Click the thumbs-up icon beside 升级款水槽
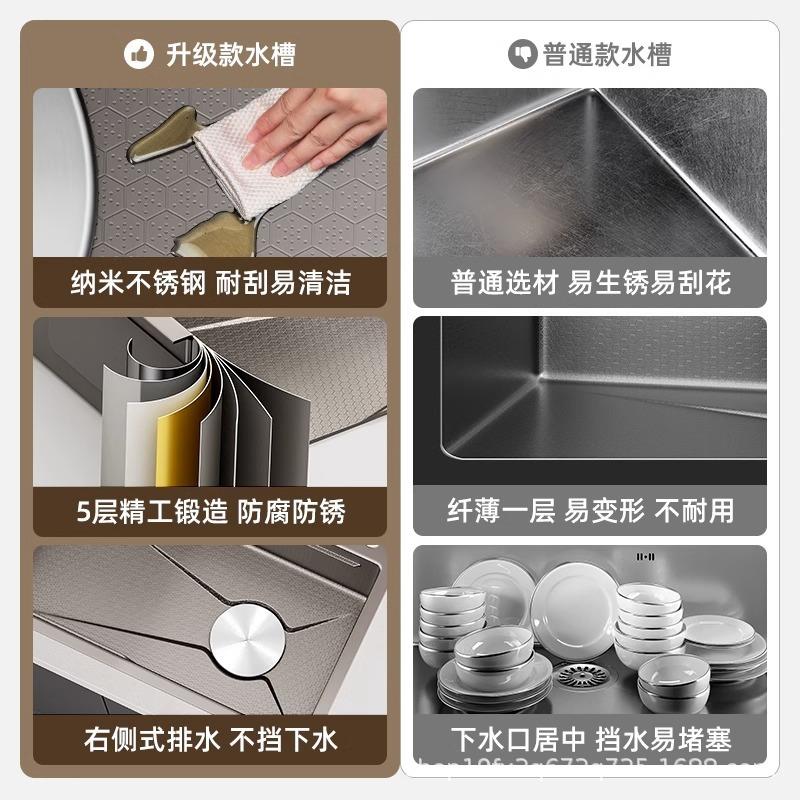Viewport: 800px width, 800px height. (x=139, y=53)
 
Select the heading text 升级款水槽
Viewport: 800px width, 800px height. (x=230, y=53)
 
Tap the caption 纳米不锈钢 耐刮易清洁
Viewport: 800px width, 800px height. (x=210, y=282)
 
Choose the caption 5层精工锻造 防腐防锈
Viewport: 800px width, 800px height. (x=210, y=512)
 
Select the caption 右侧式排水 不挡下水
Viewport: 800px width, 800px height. (x=210, y=740)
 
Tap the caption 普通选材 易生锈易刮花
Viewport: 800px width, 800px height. (x=590, y=282)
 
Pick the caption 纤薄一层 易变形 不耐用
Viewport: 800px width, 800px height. (x=590, y=511)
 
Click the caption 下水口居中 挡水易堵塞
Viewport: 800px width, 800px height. (x=590, y=740)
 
